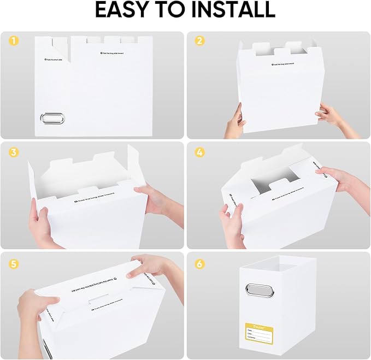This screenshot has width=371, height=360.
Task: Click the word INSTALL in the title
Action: point(234,10)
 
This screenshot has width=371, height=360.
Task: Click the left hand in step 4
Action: point(232,223)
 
